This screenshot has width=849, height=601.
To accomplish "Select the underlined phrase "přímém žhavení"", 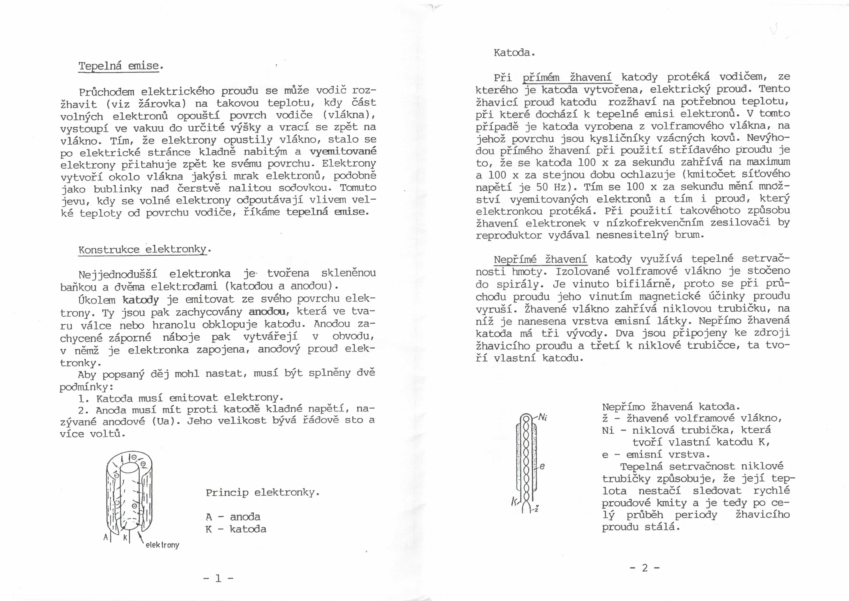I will (x=567, y=77).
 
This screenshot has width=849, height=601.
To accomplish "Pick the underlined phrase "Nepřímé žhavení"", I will (x=540, y=259).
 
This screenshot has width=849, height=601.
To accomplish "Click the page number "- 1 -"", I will (x=218, y=578).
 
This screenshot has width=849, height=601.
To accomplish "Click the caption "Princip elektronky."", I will (x=262, y=492).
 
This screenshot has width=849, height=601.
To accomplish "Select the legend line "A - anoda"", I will (x=233, y=517).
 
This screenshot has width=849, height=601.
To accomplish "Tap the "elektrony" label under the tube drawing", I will (x=162, y=545).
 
